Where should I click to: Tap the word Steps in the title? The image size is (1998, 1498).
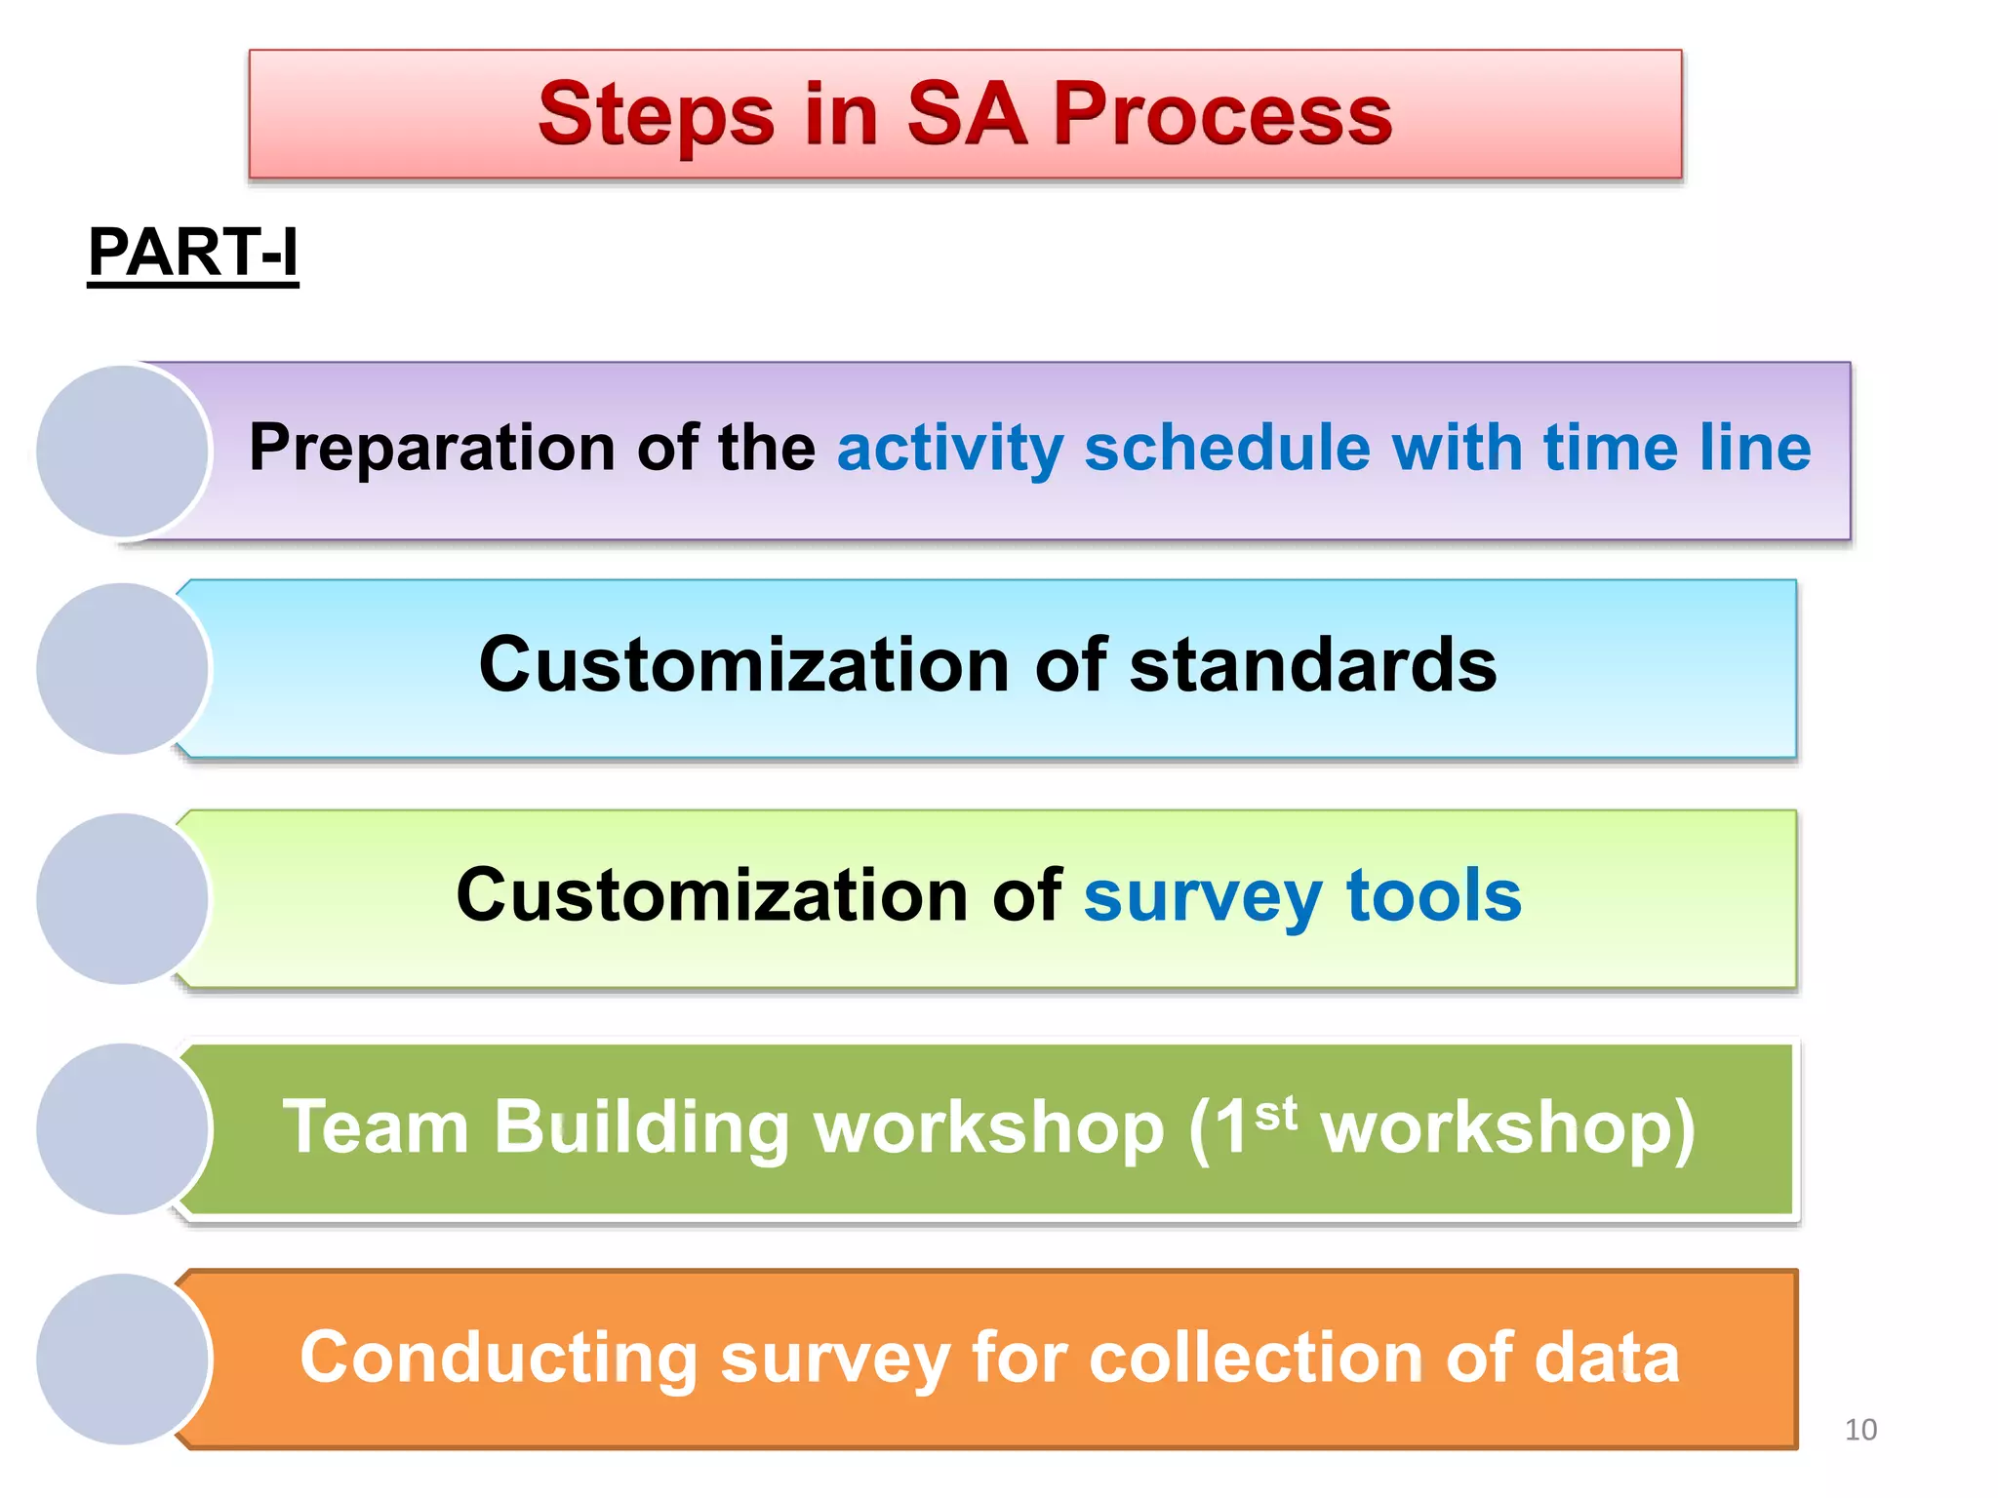[x=656, y=115]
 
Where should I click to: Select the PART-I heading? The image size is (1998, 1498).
[x=192, y=253]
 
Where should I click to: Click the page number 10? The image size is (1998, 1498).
[x=1860, y=1430]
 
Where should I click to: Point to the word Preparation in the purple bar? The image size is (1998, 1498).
[x=431, y=449]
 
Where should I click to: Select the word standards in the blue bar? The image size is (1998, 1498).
[x=1312, y=665]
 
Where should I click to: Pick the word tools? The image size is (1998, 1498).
[x=1433, y=895]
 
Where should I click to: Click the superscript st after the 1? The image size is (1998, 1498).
[x=1276, y=1113]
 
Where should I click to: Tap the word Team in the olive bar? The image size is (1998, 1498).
[x=376, y=1127]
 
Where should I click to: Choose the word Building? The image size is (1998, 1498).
[x=640, y=1127]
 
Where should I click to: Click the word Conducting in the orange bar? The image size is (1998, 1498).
[x=498, y=1358]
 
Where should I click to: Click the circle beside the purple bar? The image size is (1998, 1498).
[x=123, y=451]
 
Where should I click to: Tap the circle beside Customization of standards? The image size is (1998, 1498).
[x=123, y=669]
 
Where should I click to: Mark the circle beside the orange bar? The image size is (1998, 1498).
[x=123, y=1359]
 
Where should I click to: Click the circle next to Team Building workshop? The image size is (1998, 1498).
[x=123, y=1128]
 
